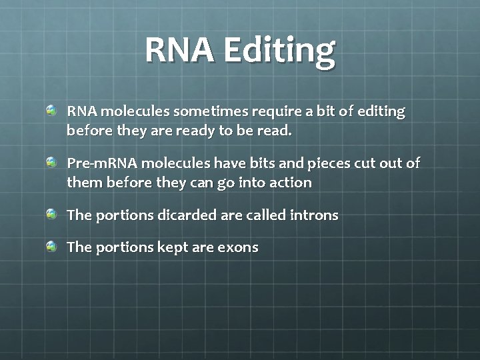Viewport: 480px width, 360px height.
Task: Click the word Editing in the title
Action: pyautogui.click(x=279, y=50)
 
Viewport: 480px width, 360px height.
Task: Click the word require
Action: pyautogui.click(x=267, y=111)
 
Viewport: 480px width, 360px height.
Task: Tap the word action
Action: pyautogui.click(x=290, y=183)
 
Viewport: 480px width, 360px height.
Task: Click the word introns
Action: pyautogui.click(x=315, y=215)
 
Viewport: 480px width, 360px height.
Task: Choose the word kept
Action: pyautogui.click(x=173, y=247)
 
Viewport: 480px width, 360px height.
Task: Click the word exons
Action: pyautogui.click(x=237, y=247)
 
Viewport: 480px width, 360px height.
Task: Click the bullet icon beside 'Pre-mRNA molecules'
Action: pyautogui.click(x=52, y=162)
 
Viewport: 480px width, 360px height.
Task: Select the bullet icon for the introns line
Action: pyautogui.click(x=52, y=214)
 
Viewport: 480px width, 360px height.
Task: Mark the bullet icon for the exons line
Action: pyautogui.click(x=52, y=246)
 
